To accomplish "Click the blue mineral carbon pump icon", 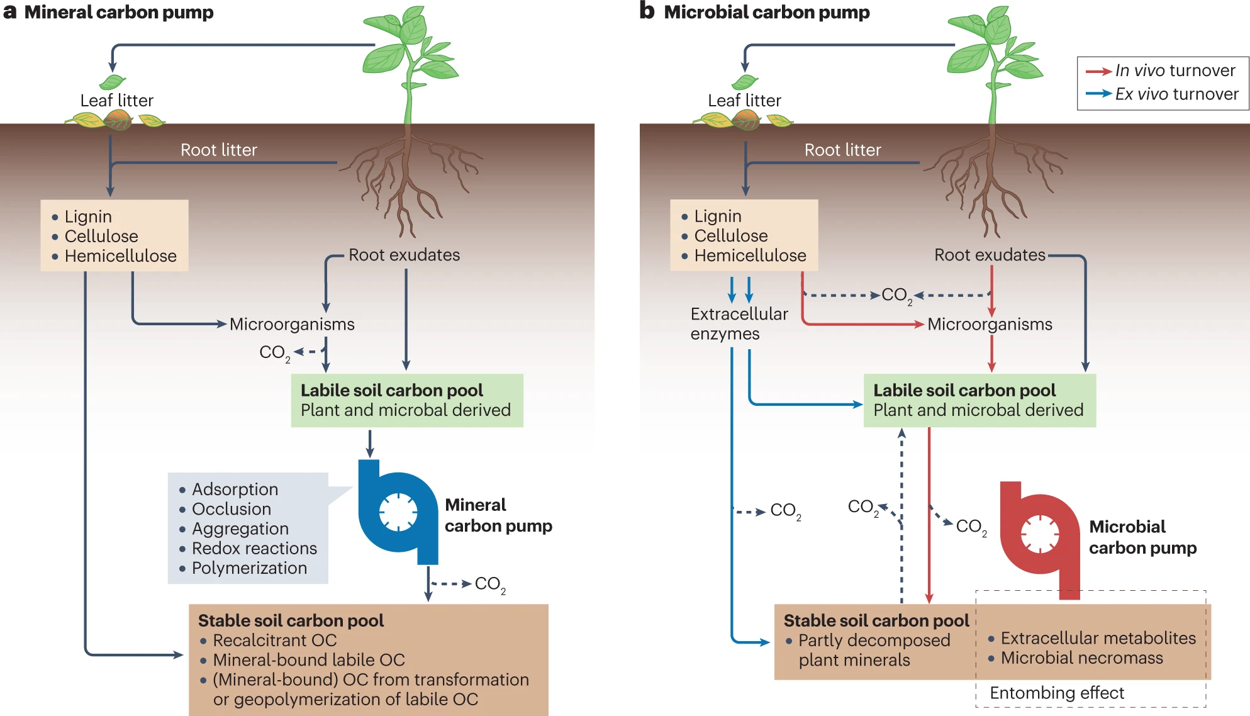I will click(x=398, y=511).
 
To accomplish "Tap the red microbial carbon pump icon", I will click(x=1040, y=535).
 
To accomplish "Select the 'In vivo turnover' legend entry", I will click(x=1175, y=70).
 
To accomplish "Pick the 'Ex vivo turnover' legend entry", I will click(x=1176, y=94).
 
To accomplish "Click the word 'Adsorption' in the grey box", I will click(x=235, y=489).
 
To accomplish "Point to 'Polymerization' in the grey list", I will click(x=249, y=568).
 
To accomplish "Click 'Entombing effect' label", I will click(x=1056, y=693).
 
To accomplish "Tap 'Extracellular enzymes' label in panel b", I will click(x=739, y=323).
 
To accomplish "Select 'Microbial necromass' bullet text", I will click(x=1081, y=657).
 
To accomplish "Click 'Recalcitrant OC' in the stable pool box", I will click(x=274, y=640).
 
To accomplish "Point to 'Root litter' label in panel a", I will click(x=218, y=150).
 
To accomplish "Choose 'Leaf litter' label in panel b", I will click(x=744, y=101).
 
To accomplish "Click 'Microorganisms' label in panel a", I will click(x=292, y=324).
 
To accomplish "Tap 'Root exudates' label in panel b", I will click(x=990, y=255).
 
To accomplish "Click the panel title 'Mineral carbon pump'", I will click(x=119, y=13).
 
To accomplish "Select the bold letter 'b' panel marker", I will click(x=647, y=11).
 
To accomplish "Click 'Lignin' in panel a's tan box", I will click(x=88, y=216).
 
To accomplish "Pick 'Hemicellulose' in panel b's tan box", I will click(x=750, y=255).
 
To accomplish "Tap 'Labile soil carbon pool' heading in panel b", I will click(x=964, y=390).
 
